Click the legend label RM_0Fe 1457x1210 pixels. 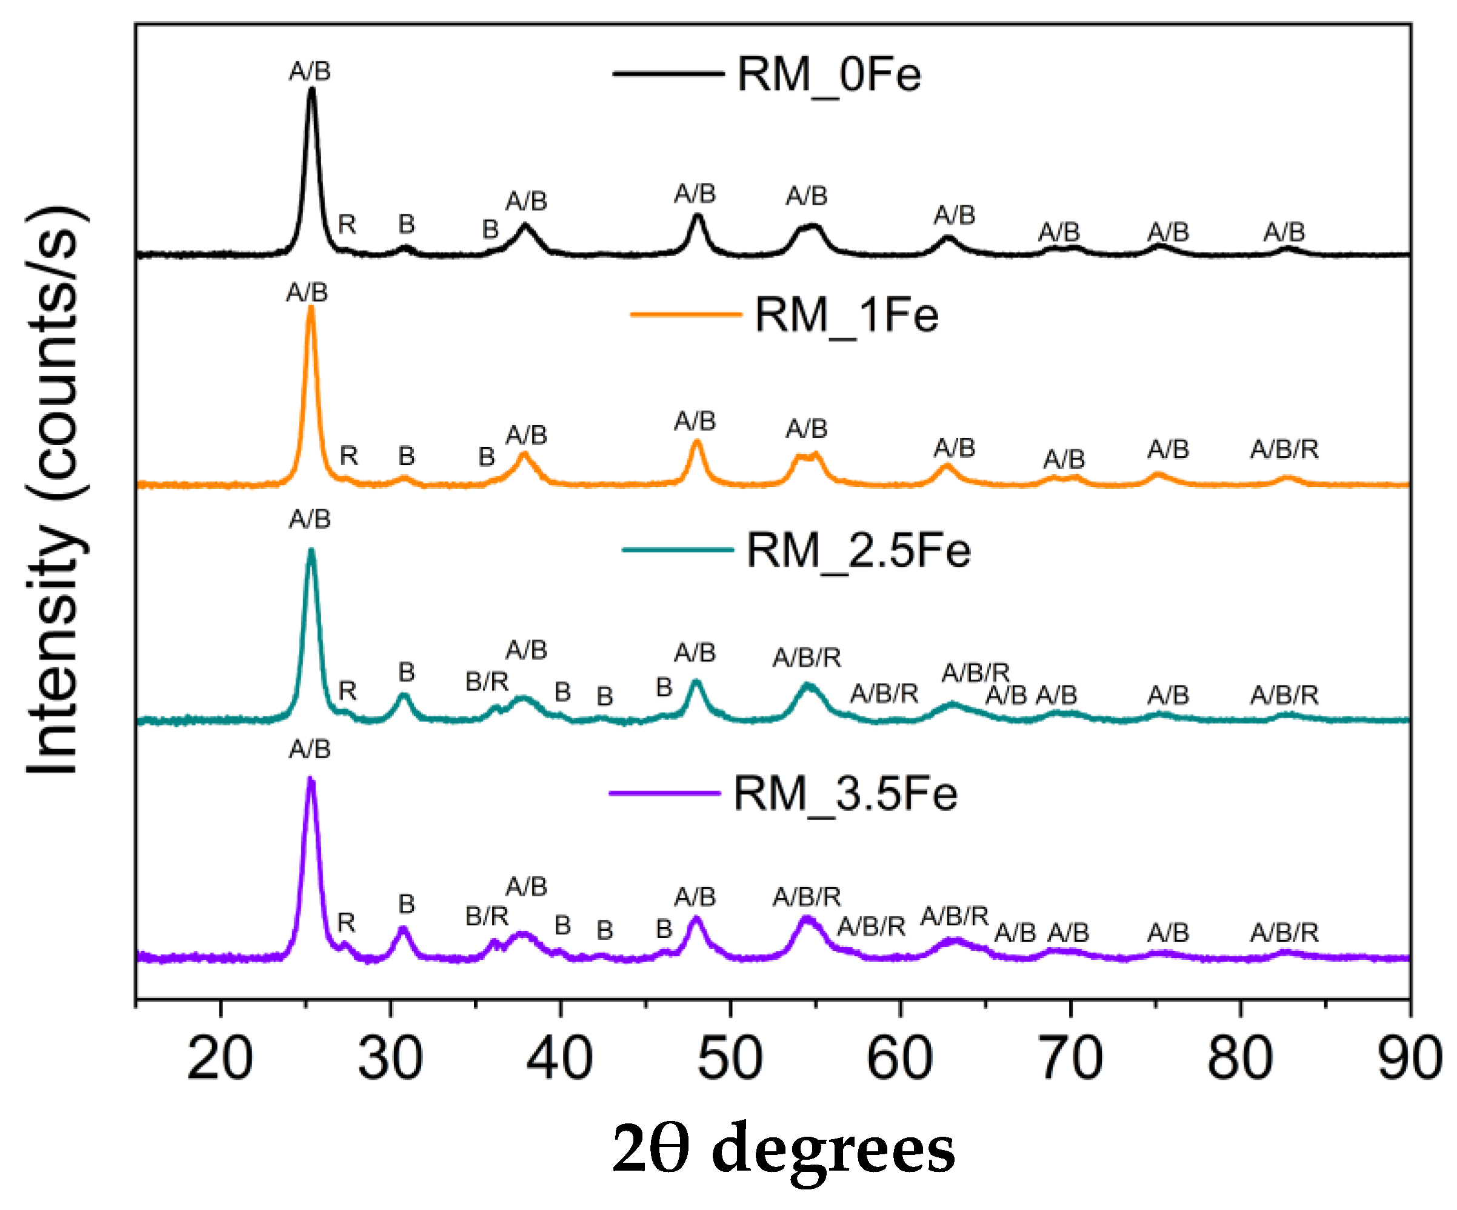click(x=829, y=74)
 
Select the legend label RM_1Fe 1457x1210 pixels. click(x=847, y=316)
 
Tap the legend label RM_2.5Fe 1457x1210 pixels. click(x=858, y=551)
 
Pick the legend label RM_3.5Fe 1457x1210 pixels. click(x=845, y=794)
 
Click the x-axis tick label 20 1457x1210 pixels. click(x=220, y=1059)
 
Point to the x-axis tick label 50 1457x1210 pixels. click(x=730, y=1059)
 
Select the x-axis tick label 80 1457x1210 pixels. click(x=1240, y=1059)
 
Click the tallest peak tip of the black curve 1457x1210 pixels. click(x=312, y=89)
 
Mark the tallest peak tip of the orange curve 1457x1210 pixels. click(x=311, y=307)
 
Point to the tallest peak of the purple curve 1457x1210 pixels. click(x=311, y=779)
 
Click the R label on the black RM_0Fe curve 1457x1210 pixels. click(x=347, y=225)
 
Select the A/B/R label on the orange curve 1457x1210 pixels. click(x=1284, y=449)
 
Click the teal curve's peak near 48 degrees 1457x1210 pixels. click(x=696, y=682)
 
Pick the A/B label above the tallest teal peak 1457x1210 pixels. click(x=310, y=518)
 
